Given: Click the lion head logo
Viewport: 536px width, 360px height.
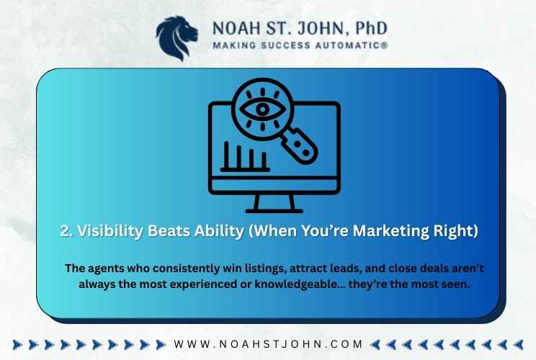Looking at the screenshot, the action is point(177,38).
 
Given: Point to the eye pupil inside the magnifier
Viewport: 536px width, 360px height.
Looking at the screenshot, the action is point(262,109).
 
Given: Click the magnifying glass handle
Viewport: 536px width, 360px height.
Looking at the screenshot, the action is point(300,146).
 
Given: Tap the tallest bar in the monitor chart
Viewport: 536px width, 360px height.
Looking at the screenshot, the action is point(226,155).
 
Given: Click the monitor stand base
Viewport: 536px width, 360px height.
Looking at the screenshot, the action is point(274,211).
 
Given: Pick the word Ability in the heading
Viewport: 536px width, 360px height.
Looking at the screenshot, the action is point(219,230).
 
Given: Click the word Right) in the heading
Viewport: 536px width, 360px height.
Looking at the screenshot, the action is point(455,231).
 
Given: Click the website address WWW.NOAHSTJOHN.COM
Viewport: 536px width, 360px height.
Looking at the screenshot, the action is point(268,344).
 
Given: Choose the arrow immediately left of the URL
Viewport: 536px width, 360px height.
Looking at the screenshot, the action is point(161,345).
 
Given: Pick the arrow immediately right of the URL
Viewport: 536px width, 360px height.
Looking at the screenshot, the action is point(375,345).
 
